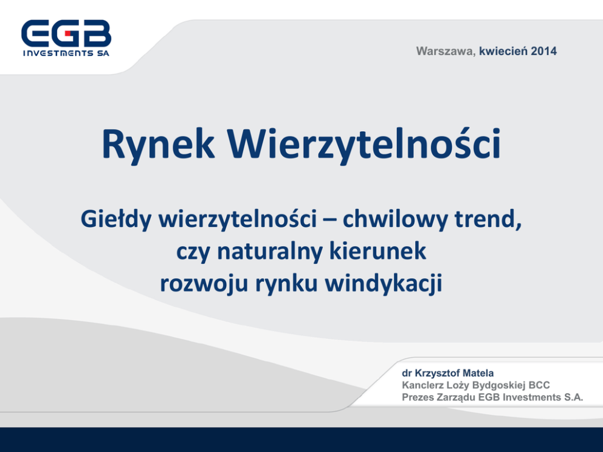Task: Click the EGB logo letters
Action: click(66, 33)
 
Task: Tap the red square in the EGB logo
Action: click(68, 33)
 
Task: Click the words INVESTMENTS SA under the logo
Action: click(66, 53)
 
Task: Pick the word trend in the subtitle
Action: click(488, 219)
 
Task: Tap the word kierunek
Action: click(377, 251)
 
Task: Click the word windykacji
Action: click(384, 284)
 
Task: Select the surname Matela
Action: click(478, 373)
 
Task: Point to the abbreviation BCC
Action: click(539, 385)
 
